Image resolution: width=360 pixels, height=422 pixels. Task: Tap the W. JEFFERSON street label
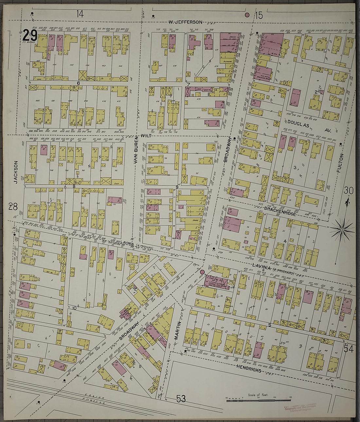pos(185,22)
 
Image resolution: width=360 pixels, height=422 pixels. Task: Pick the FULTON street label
pos(342,163)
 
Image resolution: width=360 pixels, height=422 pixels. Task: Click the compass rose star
pos(342,230)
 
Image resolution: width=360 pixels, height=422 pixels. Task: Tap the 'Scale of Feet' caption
pos(258,395)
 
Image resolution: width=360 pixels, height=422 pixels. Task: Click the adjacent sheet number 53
pos(181,398)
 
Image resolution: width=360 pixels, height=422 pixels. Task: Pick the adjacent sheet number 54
pos(349,349)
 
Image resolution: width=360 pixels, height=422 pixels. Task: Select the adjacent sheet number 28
pos(13,207)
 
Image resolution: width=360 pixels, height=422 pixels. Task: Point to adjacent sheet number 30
pos(349,190)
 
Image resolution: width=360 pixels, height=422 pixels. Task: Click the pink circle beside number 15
pos(247,15)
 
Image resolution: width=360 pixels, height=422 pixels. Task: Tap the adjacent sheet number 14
pos(80,14)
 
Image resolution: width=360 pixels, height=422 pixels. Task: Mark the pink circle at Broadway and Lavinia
pos(202,272)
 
